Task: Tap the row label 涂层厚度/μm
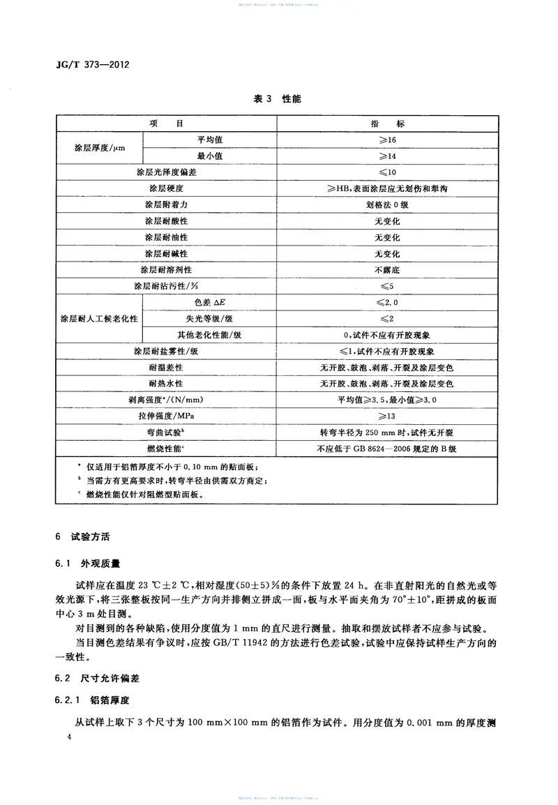99,148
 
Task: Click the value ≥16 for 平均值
388,140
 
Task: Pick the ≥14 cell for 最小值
388,156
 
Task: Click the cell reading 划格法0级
388,205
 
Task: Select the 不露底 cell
388,270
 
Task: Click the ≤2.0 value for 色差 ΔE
388,302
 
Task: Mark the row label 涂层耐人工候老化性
99,318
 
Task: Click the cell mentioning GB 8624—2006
388,449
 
